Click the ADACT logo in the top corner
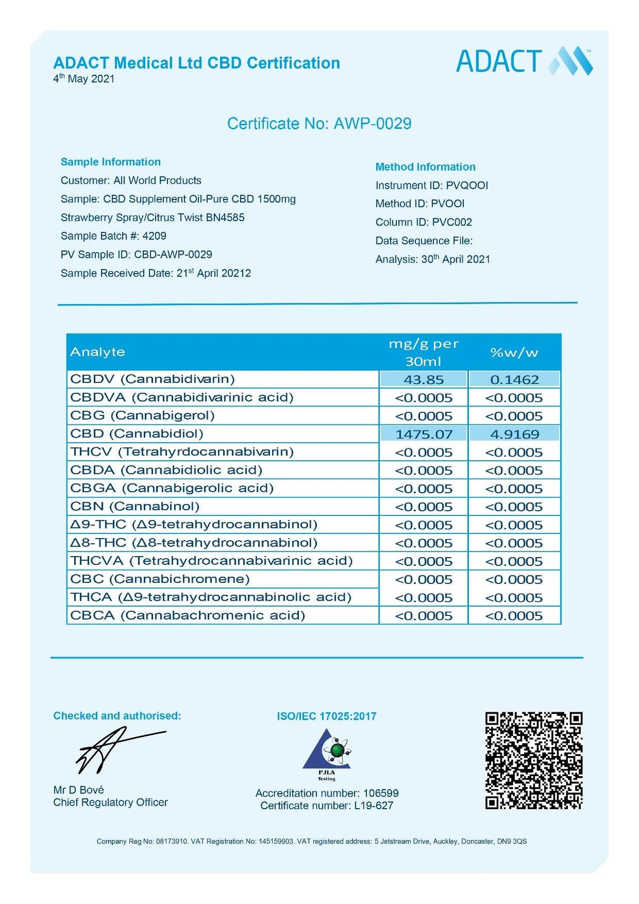[x=524, y=61]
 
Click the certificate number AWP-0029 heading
[x=319, y=124]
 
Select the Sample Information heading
[x=111, y=162]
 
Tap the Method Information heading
[x=425, y=167]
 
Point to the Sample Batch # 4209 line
[x=113, y=236]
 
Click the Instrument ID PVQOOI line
[x=432, y=185]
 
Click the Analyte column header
[x=98, y=352]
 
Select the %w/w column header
[x=514, y=352]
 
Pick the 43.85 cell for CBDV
[x=424, y=380]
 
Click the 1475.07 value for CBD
[x=424, y=434]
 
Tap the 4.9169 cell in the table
[x=514, y=434]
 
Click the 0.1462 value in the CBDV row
[x=514, y=380]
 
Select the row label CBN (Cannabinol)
[x=135, y=506]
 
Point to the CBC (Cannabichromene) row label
[x=160, y=579]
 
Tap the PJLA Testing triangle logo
[x=327, y=753]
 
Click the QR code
[x=534, y=760]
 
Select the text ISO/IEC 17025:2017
[x=326, y=716]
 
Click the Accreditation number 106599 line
[x=327, y=793]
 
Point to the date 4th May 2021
[x=84, y=79]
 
